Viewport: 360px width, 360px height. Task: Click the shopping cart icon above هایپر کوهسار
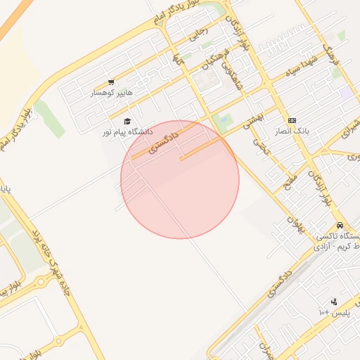111,82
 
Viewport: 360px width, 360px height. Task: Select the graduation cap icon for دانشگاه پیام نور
127,122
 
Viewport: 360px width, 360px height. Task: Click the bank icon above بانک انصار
292,120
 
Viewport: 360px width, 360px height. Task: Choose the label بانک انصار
292,131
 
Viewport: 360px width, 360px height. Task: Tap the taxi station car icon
340,225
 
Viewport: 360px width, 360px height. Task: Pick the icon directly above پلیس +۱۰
334,301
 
